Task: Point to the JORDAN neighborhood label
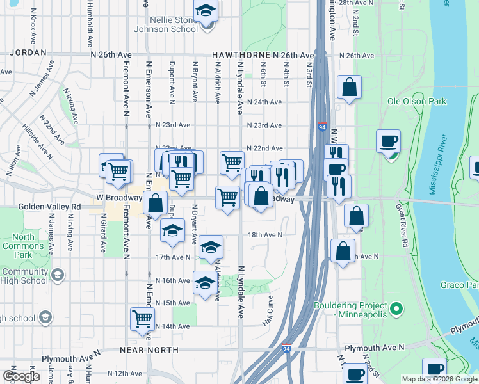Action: pyautogui.click(x=28, y=52)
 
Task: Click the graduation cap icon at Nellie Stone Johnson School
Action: pyautogui.click(x=206, y=11)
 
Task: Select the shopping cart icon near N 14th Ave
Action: pyautogui.click(x=142, y=318)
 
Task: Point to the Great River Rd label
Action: pyautogui.click(x=402, y=224)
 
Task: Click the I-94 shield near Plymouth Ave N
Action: pyautogui.click(x=286, y=349)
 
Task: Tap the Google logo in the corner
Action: pyautogui.click(x=22, y=376)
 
